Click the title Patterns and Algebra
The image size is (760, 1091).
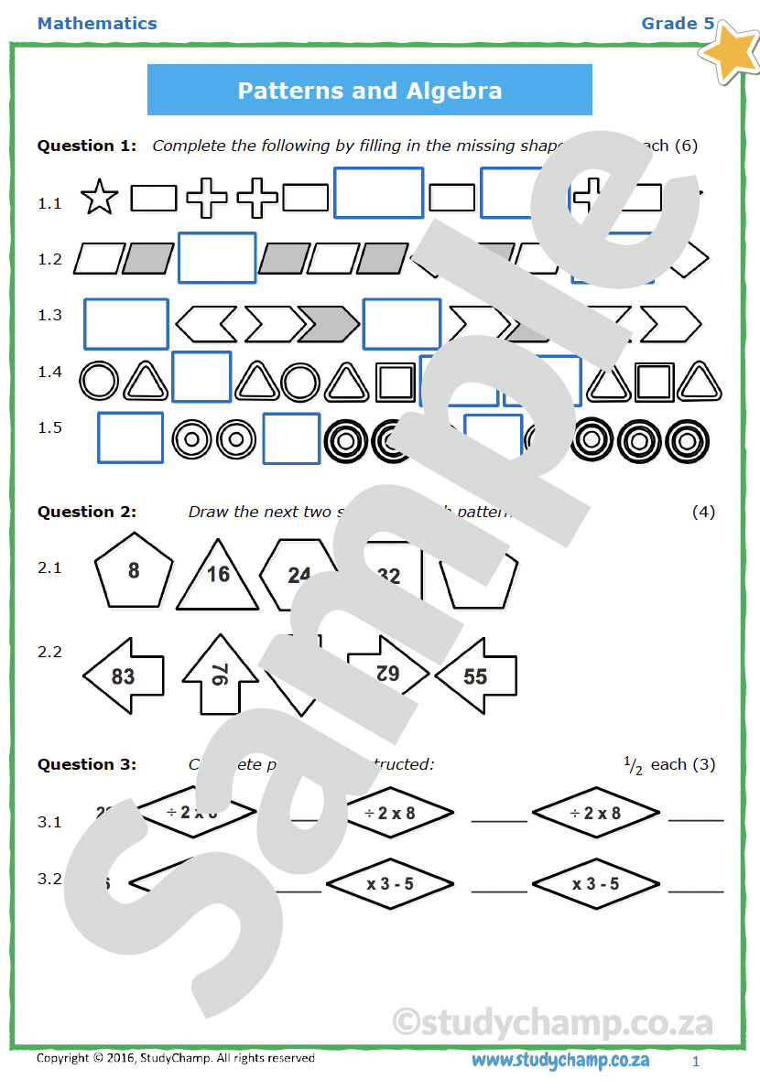pyautogui.click(x=369, y=91)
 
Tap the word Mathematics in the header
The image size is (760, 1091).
pyautogui.click(x=97, y=24)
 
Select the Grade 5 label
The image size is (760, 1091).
pyautogui.click(x=678, y=24)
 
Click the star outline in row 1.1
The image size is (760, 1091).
pyautogui.click(x=99, y=198)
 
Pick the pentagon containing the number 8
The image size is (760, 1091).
pyautogui.click(x=134, y=571)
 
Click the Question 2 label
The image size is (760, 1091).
pyautogui.click(x=87, y=512)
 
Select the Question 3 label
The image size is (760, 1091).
pyautogui.click(x=87, y=764)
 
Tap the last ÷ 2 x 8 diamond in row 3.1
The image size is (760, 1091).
pyautogui.click(x=596, y=813)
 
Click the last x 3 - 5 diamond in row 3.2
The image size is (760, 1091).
pyautogui.click(x=596, y=884)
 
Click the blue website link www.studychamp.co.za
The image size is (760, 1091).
pyautogui.click(x=560, y=1060)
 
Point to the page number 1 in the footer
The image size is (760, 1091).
pyautogui.click(x=696, y=1062)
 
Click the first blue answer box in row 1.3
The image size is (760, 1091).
pyautogui.click(x=126, y=324)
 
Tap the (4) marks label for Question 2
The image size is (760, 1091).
pyautogui.click(x=703, y=512)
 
